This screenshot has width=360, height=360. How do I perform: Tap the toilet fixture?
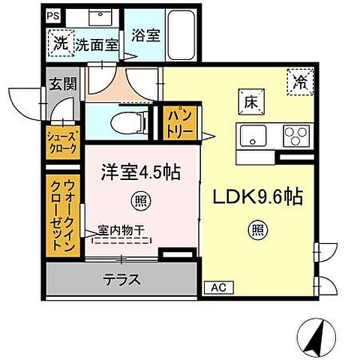[x=122, y=121]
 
